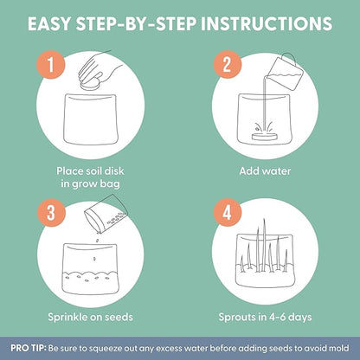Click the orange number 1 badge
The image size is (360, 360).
51,65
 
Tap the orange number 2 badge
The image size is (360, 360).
228,64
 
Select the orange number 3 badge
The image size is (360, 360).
51,213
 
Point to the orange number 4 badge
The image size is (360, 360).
228,213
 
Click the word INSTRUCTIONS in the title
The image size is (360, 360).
267,23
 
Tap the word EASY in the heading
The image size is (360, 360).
48,23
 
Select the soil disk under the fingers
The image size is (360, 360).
90,85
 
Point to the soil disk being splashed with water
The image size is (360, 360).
265,137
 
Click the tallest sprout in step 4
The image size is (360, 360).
264,245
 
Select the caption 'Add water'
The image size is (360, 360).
265,171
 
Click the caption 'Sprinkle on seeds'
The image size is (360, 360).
90,317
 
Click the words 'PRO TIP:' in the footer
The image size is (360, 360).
29,348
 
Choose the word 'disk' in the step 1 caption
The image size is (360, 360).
114,171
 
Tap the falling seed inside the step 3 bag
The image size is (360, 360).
94,258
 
